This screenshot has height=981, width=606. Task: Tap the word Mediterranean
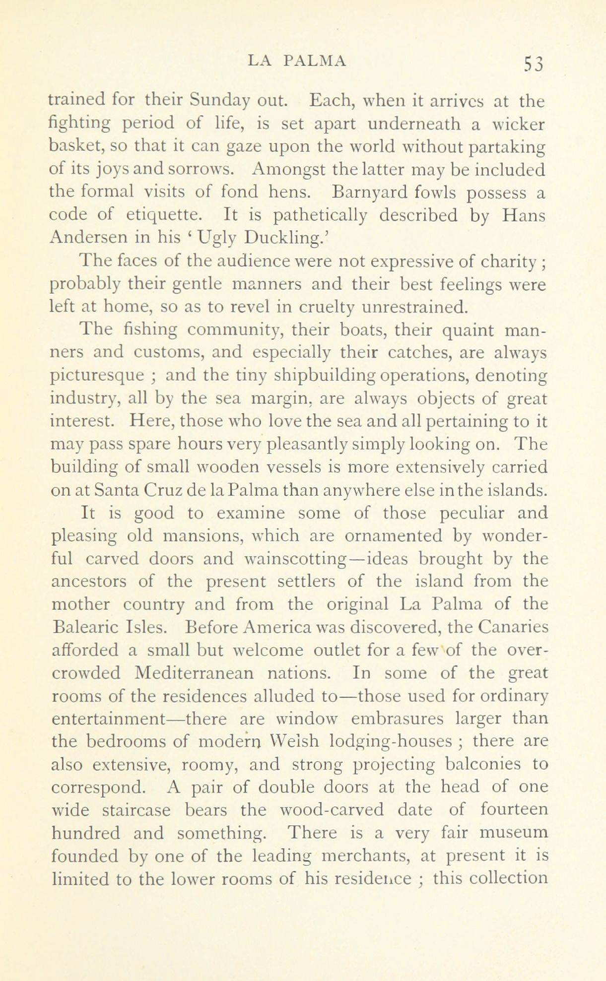[x=198, y=673]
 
